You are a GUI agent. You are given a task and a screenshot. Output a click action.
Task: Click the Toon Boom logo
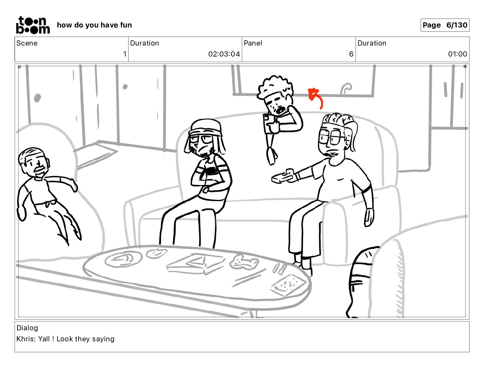pyautogui.click(x=33, y=25)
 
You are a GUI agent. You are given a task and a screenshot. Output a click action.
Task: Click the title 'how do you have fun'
pyautogui.click(x=94, y=25)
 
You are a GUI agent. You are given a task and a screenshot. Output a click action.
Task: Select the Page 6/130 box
pyautogui.click(x=445, y=25)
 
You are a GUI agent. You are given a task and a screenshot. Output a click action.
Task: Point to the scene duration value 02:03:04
pyautogui.click(x=224, y=54)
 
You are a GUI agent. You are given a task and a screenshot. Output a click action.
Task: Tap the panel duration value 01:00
pyautogui.click(x=457, y=54)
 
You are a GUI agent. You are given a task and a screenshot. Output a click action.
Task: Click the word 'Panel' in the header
pyautogui.click(x=253, y=43)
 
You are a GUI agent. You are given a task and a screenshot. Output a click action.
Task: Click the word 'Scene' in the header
pyautogui.click(x=27, y=43)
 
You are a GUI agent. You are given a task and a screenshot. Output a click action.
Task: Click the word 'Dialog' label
pyautogui.click(x=27, y=328)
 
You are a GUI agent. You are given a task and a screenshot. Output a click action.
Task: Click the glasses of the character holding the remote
pyautogui.click(x=331, y=137)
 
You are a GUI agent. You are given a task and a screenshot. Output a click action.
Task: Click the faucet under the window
pyautogui.click(x=346, y=89)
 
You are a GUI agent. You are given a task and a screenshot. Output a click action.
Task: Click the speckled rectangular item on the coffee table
pyautogui.click(x=288, y=285)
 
